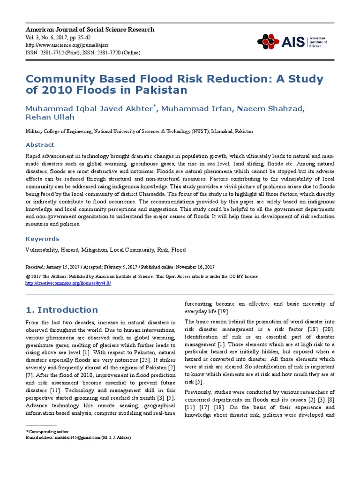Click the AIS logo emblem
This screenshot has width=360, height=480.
(x=268, y=42)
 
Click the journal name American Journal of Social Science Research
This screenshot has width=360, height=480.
(x=90, y=30)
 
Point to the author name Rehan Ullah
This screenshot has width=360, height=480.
(x=50, y=117)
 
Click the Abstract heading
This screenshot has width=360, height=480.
(x=40, y=145)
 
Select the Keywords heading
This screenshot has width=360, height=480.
(x=42, y=239)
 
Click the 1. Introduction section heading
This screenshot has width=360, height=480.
(x=61, y=310)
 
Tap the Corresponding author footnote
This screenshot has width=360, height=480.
(x=48, y=431)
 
